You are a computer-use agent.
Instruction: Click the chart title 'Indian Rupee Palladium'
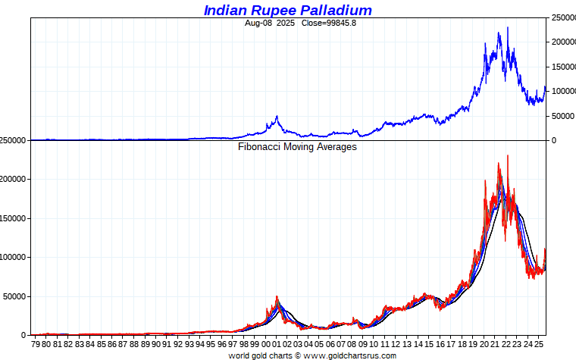[x=287, y=10]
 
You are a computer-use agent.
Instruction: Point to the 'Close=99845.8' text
[x=328, y=23]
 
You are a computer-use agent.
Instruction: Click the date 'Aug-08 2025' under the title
[x=271, y=23]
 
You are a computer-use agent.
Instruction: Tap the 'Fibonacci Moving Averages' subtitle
[x=297, y=147]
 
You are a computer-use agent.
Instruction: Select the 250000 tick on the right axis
[x=562, y=17]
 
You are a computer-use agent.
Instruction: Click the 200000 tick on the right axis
[x=562, y=42]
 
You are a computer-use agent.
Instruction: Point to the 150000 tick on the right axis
[x=562, y=67]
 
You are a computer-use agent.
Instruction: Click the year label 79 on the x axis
[x=35, y=343]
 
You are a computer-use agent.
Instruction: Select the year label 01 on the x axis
[x=277, y=343]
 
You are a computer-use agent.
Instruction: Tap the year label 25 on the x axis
[x=540, y=343]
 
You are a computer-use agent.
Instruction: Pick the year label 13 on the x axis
[x=408, y=343]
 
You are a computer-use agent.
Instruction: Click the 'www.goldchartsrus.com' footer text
[x=350, y=355]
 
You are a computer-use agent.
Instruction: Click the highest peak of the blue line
[x=507, y=28]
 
